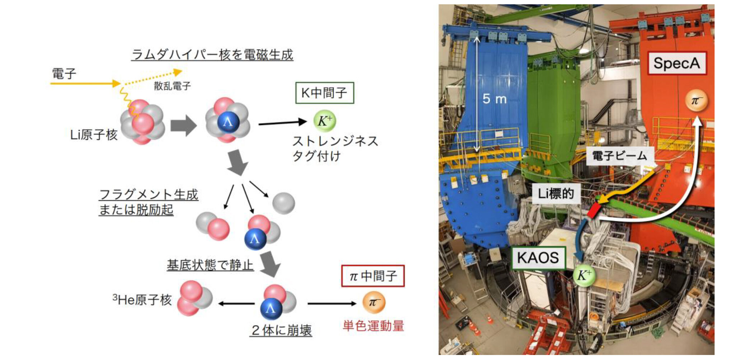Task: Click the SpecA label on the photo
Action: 677,63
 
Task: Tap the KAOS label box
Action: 538,258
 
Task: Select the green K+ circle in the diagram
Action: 325,121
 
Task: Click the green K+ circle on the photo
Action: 584,275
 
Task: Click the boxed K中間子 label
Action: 324,93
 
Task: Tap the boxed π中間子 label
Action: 373,276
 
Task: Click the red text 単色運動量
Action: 373,326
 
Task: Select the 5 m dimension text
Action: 494,99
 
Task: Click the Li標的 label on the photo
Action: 556,194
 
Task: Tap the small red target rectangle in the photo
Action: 594,210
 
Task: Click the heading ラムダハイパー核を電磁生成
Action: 212,55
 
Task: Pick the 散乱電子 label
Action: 172,86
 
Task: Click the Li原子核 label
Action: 94,135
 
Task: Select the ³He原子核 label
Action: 142,299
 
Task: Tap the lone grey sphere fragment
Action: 283,203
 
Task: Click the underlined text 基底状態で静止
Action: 210,265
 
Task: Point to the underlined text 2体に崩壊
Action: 281,330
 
